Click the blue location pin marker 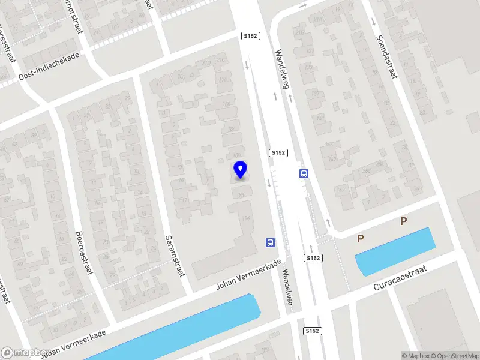[241, 170]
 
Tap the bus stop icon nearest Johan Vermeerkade [271, 243]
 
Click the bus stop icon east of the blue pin [304, 174]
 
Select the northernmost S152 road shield [250, 37]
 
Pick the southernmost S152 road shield [312, 331]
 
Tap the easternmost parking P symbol [404, 221]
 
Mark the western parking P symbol [361, 239]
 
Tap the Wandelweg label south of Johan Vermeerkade [287, 287]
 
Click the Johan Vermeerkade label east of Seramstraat [248, 274]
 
